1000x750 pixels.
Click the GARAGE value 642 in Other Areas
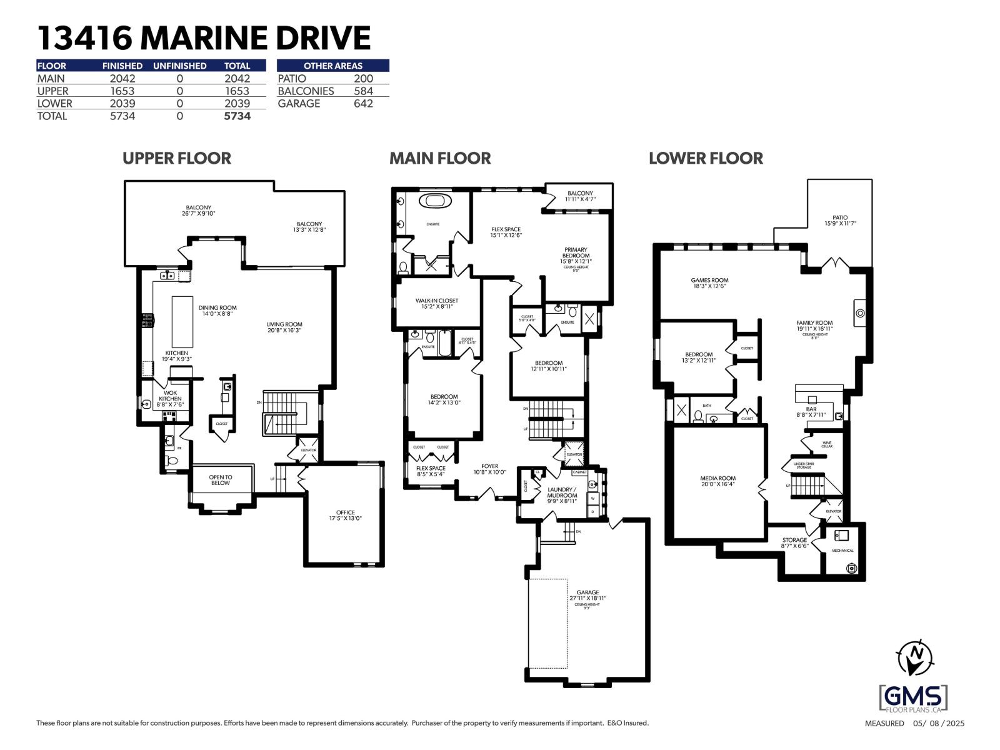tap(363, 103)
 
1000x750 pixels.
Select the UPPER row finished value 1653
tap(122, 91)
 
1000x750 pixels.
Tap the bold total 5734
tap(237, 116)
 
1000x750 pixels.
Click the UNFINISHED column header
tap(179, 66)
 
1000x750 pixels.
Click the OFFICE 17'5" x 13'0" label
tap(346, 515)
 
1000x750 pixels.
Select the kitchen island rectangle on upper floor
tap(182, 322)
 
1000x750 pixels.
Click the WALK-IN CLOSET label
tap(437, 304)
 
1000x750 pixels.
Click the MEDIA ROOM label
tap(717, 481)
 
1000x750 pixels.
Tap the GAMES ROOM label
tap(709, 283)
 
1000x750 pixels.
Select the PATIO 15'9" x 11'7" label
tap(840, 220)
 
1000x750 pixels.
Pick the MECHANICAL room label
tap(842, 551)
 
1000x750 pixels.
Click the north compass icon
tap(914, 657)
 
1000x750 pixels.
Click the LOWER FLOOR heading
tap(706, 158)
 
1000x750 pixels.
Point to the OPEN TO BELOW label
tap(221, 480)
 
